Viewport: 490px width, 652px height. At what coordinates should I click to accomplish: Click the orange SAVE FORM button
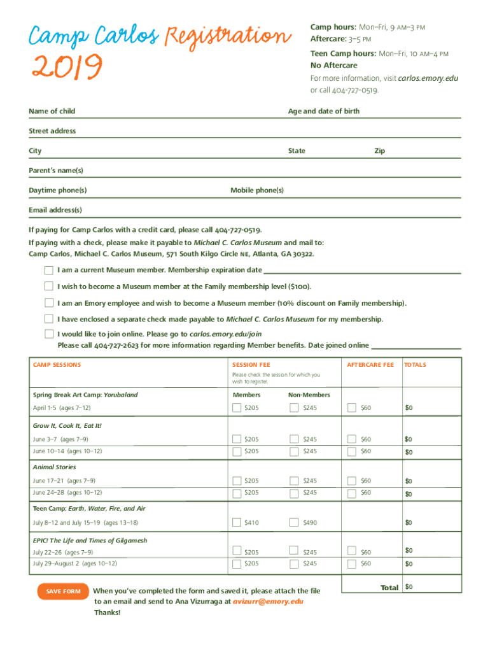click(63, 592)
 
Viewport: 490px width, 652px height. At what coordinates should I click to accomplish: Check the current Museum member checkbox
click(49, 270)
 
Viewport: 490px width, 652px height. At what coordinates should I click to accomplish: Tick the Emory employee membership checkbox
click(49, 302)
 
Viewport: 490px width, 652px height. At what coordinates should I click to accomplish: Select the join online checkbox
click(49, 334)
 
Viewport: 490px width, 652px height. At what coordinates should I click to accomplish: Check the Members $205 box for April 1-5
click(237, 407)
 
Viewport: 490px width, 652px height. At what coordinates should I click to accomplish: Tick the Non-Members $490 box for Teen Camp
click(294, 523)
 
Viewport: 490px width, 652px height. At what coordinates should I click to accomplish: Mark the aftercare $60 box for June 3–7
click(351, 439)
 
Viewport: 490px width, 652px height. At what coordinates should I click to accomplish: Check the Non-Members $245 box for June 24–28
click(294, 493)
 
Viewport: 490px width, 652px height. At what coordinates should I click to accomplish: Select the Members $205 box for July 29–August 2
click(237, 563)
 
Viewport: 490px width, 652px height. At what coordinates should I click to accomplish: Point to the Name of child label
click(52, 111)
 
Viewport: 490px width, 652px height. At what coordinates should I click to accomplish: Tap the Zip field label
click(379, 151)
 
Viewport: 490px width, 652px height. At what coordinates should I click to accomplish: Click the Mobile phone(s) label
click(257, 190)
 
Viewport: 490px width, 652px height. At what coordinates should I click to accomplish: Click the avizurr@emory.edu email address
click(268, 601)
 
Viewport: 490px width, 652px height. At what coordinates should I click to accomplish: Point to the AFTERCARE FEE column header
click(370, 365)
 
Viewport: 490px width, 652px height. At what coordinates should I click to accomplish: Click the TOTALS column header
click(416, 365)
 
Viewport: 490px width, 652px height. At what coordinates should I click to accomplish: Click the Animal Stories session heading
click(54, 467)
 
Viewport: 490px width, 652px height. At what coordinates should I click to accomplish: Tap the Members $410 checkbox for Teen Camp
click(237, 523)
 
